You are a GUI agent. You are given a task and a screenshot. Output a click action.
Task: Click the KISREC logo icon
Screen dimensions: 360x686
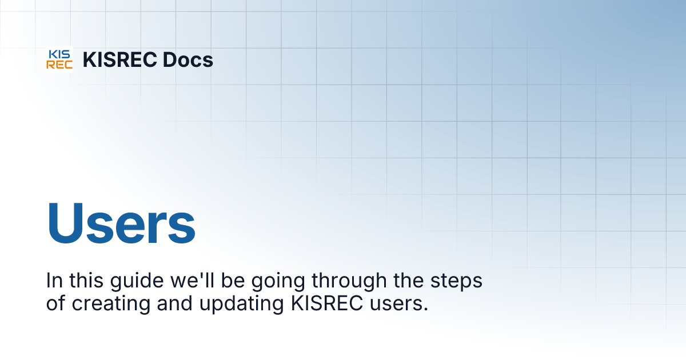59,59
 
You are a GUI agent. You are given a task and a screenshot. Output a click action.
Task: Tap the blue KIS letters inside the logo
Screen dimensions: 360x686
59,54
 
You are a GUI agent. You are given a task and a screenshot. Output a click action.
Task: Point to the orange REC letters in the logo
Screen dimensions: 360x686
59,65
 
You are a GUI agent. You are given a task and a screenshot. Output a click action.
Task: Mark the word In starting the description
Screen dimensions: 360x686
54,282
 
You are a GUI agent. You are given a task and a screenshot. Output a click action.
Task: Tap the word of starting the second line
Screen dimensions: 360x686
56,303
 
